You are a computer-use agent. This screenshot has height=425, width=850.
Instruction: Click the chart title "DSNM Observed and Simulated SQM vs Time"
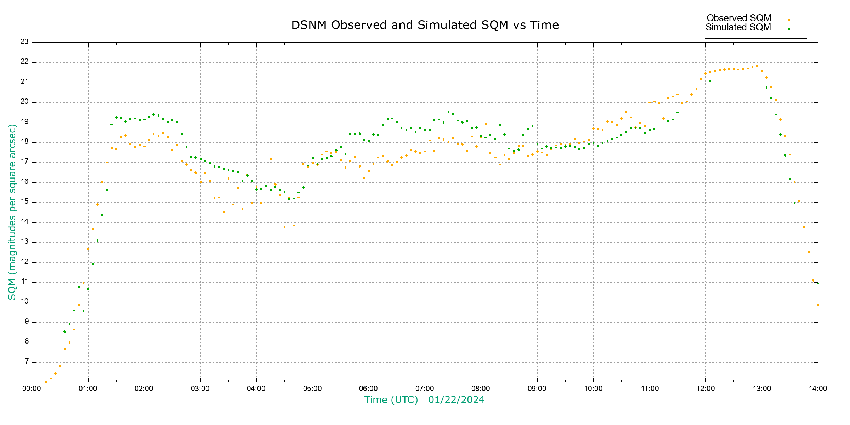pyautogui.click(x=425, y=25)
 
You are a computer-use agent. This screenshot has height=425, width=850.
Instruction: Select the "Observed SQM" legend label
pyautogui.click(x=739, y=18)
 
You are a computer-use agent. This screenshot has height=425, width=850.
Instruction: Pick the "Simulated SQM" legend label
pyautogui.click(x=738, y=27)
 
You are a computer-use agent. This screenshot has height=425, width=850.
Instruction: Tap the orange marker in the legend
pyautogui.click(x=789, y=20)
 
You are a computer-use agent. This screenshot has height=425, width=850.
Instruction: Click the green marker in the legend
pyautogui.click(x=789, y=29)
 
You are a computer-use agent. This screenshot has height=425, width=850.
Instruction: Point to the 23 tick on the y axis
pyautogui.click(x=24, y=42)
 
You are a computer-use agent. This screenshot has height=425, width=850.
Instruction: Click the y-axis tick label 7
pyautogui.click(x=27, y=362)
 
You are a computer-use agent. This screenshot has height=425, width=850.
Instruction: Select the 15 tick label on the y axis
pyautogui.click(x=24, y=202)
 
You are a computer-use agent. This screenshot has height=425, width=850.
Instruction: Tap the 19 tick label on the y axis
pyautogui.click(x=24, y=122)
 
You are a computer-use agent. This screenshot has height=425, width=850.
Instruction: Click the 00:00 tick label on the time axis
pyautogui.click(x=32, y=389)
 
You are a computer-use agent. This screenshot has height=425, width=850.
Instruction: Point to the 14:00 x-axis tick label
pyautogui.click(x=818, y=389)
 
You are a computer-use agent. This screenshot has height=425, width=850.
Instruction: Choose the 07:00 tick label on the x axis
pyautogui.click(x=425, y=389)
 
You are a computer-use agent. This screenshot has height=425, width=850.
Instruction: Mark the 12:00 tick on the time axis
pyautogui.click(x=705, y=389)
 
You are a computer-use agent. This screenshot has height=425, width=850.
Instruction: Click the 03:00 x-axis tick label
pyautogui.click(x=200, y=389)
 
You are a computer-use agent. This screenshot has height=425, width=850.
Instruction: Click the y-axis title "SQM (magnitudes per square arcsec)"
pyautogui.click(x=12, y=212)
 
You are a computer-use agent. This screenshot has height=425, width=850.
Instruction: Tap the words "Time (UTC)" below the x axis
pyautogui.click(x=391, y=400)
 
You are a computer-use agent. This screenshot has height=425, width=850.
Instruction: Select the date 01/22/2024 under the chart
pyautogui.click(x=456, y=400)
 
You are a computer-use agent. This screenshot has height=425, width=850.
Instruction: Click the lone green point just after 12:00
pyautogui.click(x=710, y=81)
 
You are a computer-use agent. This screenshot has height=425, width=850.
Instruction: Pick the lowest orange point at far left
pyautogui.click(x=46, y=382)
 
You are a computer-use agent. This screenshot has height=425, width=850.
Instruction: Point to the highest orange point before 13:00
pyautogui.click(x=757, y=66)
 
